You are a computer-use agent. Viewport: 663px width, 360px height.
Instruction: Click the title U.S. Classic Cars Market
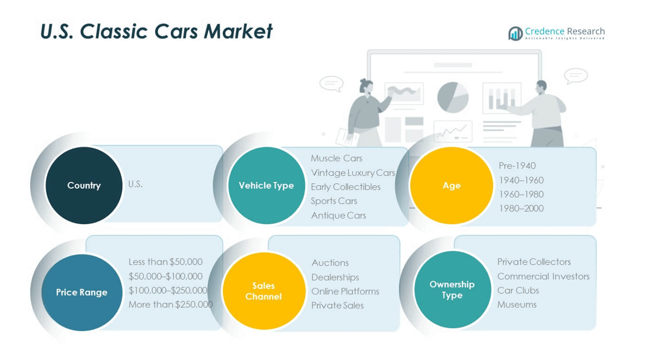pyautogui.click(x=156, y=31)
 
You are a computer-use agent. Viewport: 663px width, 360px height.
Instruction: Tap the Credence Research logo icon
pyautogui.click(x=515, y=34)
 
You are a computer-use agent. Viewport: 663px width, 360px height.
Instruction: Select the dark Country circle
pyautogui.click(x=83, y=185)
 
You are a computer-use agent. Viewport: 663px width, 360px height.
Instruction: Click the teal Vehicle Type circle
pyautogui.click(x=266, y=185)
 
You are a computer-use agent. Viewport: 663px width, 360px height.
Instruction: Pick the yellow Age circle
pyautogui.click(x=451, y=185)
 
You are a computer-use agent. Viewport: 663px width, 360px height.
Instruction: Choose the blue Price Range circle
pyautogui.click(x=81, y=292)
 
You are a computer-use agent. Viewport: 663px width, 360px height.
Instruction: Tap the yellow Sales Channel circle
pyautogui.click(x=264, y=291)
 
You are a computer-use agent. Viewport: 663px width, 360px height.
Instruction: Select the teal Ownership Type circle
pyautogui.click(x=452, y=289)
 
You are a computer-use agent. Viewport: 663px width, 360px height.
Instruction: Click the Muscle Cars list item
pyautogui.click(x=336, y=158)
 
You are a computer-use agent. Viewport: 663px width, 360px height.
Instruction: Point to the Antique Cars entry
pyautogui.click(x=338, y=215)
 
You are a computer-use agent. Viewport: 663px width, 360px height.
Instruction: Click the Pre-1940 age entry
pyautogui.click(x=517, y=165)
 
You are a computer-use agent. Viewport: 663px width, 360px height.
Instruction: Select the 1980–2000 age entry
pyautogui.click(x=521, y=208)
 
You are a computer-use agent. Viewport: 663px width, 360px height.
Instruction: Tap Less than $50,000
pyautogui.click(x=165, y=262)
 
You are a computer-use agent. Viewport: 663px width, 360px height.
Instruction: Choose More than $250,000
pyautogui.click(x=170, y=304)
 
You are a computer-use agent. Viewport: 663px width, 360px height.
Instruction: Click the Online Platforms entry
pyautogui.click(x=345, y=291)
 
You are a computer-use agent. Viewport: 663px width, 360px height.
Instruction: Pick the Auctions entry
pyautogui.click(x=330, y=263)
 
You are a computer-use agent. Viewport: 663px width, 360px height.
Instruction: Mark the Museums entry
pyautogui.click(x=516, y=304)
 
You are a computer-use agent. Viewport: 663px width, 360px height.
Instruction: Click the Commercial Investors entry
pyautogui.click(x=543, y=276)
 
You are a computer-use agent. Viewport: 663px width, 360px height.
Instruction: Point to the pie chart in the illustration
pyautogui.click(x=453, y=97)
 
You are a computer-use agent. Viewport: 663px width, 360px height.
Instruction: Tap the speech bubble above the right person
pyautogui.click(x=576, y=75)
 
